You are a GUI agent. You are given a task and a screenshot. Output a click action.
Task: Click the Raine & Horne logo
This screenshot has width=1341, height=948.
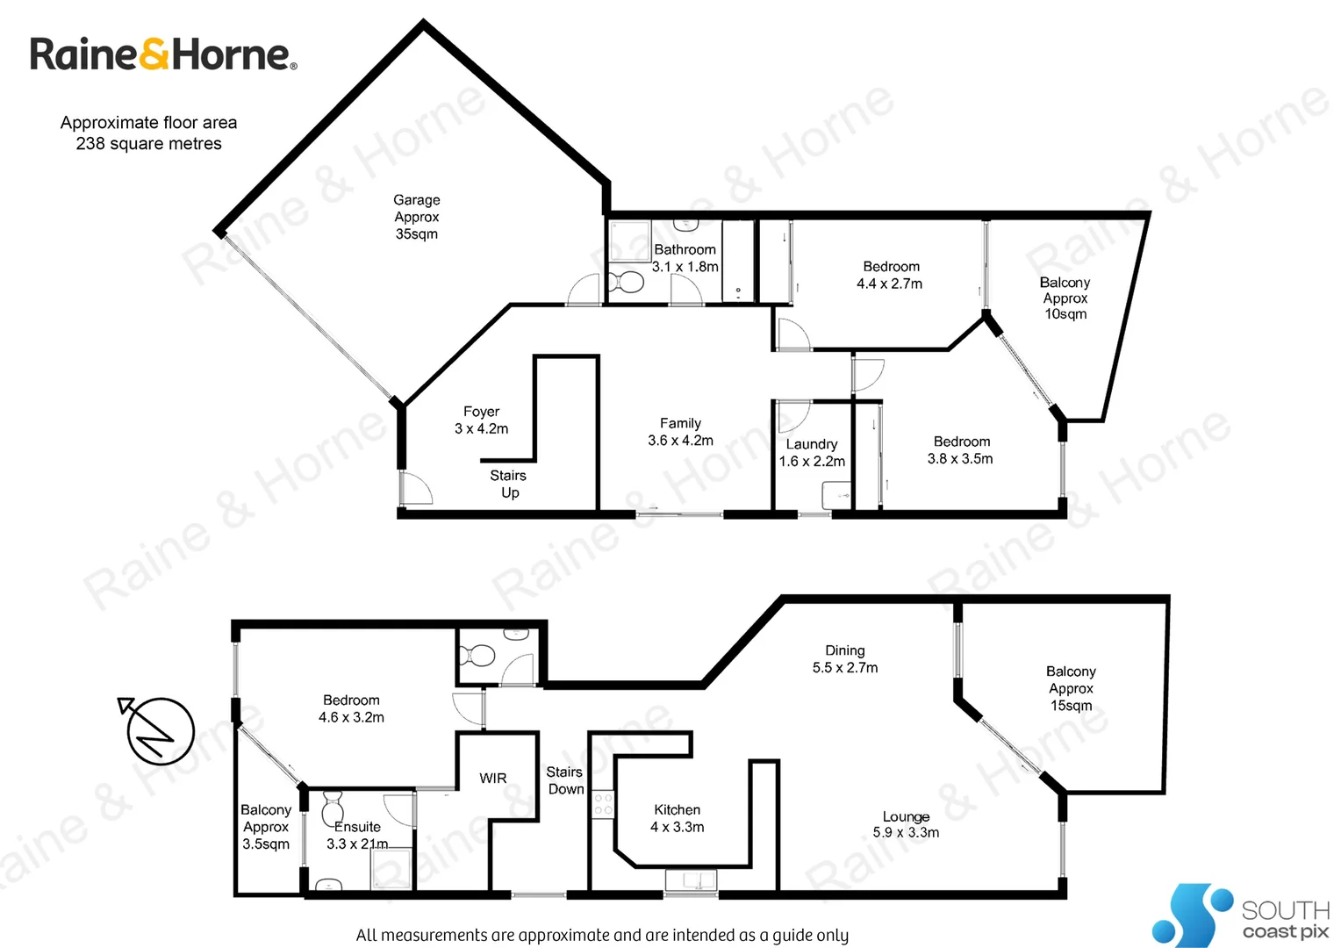click(163, 54)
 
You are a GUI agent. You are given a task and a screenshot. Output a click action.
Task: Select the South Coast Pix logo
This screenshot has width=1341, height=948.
click(1241, 916)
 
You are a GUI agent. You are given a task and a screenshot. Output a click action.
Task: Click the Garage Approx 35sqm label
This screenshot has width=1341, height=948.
click(416, 217)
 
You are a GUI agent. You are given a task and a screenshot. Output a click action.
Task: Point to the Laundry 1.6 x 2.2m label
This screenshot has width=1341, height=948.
click(812, 453)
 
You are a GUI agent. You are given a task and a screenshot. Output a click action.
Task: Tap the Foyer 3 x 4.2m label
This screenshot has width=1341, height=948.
click(481, 420)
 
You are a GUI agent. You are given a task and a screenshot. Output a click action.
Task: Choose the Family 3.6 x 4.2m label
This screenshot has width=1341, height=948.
click(680, 432)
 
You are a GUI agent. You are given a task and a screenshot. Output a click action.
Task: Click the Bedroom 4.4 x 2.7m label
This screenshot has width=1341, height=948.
click(890, 275)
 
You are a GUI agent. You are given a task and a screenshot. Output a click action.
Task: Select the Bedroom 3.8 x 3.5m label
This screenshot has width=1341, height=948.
click(961, 450)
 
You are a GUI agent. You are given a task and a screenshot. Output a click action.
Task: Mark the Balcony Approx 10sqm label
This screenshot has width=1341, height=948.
click(1065, 298)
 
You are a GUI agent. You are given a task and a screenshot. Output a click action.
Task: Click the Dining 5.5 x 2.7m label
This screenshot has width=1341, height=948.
click(844, 659)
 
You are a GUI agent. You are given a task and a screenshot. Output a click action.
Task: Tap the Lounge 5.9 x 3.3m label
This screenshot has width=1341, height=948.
click(906, 824)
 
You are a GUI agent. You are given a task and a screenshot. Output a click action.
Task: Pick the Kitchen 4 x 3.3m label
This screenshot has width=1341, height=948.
click(677, 818)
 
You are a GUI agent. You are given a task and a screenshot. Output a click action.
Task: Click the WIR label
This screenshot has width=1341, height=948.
click(493, 778)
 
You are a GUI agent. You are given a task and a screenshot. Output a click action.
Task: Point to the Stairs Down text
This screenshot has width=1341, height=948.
click(565, 780)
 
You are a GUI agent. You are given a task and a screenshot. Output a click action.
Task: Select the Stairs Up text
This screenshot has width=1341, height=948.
click(508, 484)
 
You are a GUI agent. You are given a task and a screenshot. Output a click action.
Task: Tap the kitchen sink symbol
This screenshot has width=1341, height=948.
click(691, 879)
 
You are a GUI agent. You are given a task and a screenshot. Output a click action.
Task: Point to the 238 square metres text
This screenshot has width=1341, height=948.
click(148, 144)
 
